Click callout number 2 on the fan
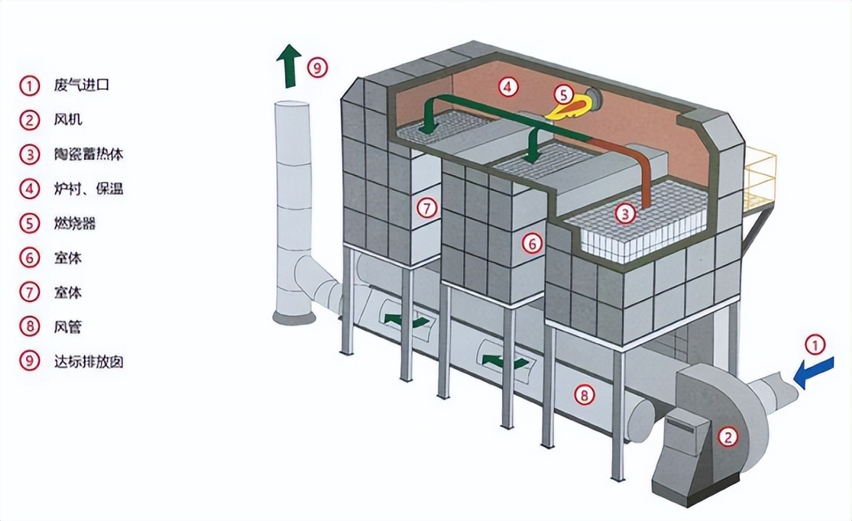(729, 436)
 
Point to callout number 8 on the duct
(584, 394)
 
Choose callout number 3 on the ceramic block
(625, 213)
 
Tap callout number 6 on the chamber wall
(532, 244)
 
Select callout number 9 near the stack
(317, 68)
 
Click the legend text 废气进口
(81, 85)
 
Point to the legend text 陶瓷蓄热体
(88, 154)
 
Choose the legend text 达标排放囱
(88, 361)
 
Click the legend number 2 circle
(29, 120)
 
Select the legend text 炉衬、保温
(88, 189)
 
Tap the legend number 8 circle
(29, 326)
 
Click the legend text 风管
(67, 327)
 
